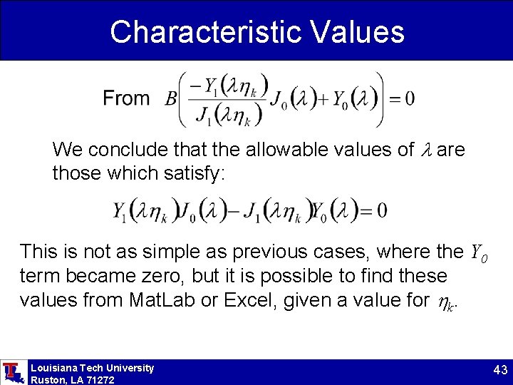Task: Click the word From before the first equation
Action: [x=126, y=98]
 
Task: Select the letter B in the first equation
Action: [x=171, y=99]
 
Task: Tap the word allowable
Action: [x=284, y=150]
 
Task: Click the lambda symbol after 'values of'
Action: [x=427, y=150]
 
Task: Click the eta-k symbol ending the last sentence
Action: [x=445, y=302]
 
